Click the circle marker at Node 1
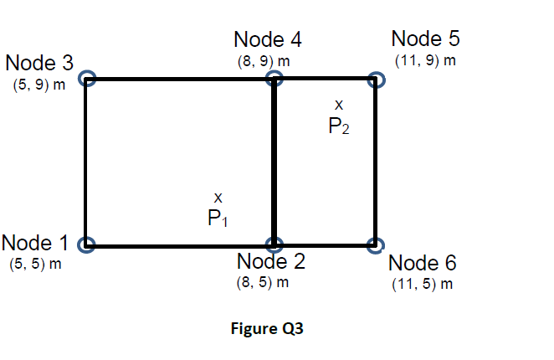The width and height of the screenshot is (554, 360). click(x=85, y=245)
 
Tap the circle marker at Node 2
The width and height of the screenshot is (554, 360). click(x=274, y=245)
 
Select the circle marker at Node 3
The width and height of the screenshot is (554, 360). click(x=85, y=79)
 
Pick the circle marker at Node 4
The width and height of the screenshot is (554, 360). click(x=274, y=79)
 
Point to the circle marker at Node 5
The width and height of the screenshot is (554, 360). click(x=377, y=79)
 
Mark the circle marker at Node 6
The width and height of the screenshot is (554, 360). click(x=377, y=246)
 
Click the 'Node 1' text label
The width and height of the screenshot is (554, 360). click(x=35, y=244)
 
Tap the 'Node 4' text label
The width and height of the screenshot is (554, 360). click(x=268, y=39)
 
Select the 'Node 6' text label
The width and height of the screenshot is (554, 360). click(x=423, y=263)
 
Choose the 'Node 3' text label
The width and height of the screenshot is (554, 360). click(x=39, y=63)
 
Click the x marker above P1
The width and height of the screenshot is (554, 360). click(x=218, y=198)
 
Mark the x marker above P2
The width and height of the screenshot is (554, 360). click(x=339, y=105)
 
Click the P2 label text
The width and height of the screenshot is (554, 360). click(x=340, y=126)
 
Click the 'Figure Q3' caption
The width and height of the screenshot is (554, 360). click(x=267, y=329)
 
